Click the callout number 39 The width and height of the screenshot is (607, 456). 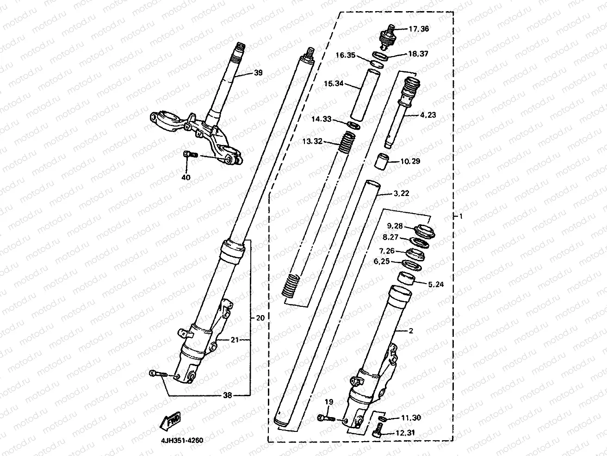[258, 73]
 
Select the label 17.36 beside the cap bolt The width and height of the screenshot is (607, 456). [419, 29]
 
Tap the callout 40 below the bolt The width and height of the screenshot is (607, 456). [186, 177]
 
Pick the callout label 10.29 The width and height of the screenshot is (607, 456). [411, 161]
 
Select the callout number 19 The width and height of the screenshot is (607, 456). [328, 402]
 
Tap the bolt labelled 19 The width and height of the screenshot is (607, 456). [326, 418]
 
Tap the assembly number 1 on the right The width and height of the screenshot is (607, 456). [460, 216]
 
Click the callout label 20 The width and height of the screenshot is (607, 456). [260, 318]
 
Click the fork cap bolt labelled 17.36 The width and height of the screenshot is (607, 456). [386, 36]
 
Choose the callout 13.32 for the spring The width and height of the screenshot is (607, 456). [312, 141]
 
